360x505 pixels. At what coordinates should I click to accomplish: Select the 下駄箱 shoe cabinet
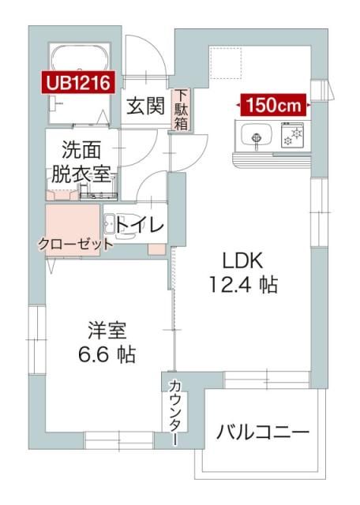pos(181,110)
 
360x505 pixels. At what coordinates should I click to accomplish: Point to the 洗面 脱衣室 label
pos(81,162)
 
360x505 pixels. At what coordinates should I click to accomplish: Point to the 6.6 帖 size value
pos(107,354)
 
